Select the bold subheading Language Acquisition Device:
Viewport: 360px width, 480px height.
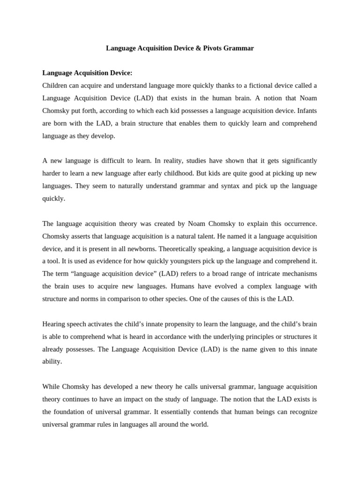87,73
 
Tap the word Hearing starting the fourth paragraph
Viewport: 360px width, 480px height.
53,324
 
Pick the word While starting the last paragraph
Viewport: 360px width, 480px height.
51,387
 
